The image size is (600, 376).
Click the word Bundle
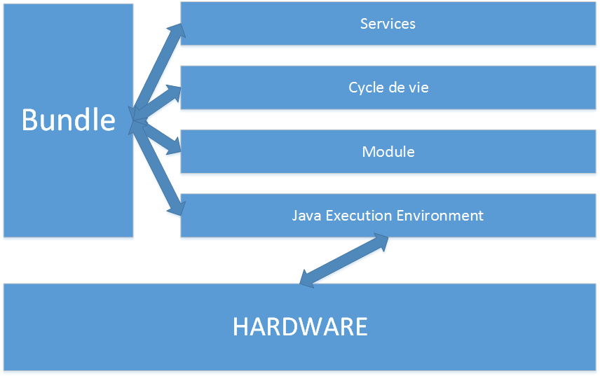click(68, 120)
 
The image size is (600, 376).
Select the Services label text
click(388, 24)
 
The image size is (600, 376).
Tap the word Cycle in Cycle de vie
click(365, 88)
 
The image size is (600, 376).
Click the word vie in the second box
click(418, 88)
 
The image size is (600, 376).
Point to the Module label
click(388, 151)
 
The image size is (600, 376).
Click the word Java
click(306, 215)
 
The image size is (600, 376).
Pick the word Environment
click(440, 215)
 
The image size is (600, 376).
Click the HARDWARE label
click(300, 326)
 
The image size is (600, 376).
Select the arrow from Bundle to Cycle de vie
click(156, 104)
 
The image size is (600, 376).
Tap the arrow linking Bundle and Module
click(156, 136)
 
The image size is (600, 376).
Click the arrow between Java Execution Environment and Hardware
click(343, 260)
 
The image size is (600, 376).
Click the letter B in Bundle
click(29, 120)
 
